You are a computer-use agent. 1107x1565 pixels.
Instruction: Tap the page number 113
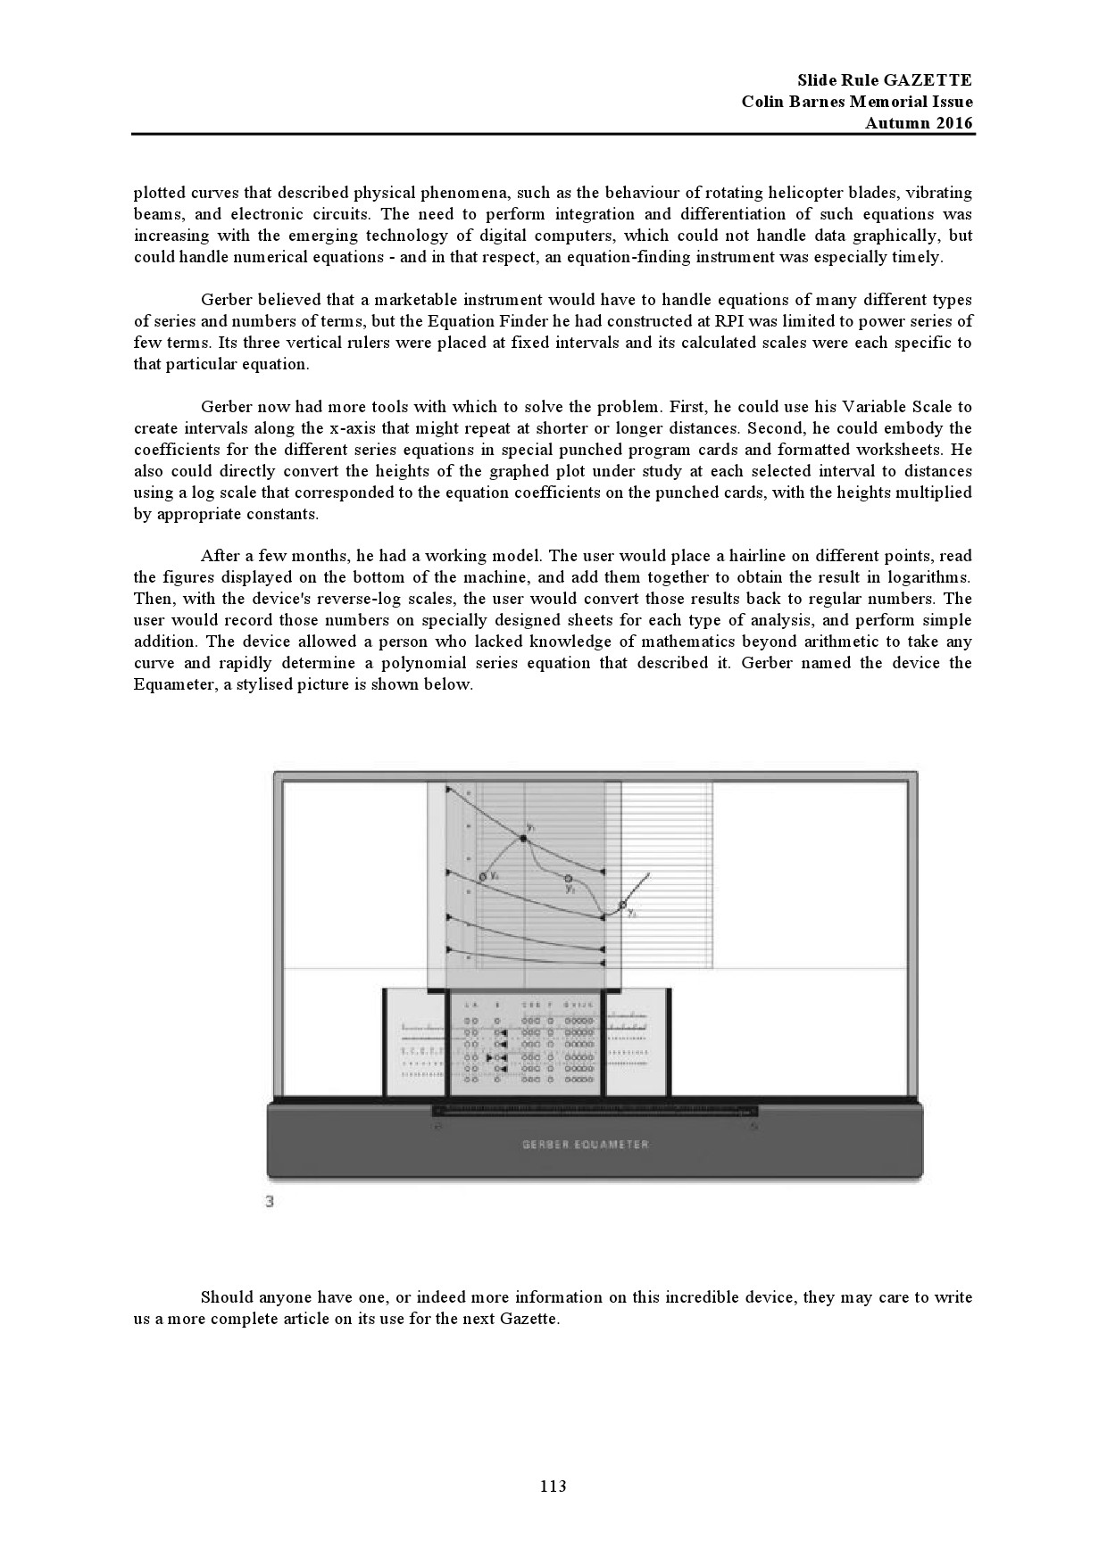[553, 1486]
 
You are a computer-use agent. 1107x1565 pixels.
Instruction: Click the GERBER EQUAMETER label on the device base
[586, 1145]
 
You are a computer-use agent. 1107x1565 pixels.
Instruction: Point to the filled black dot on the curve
[523, 839]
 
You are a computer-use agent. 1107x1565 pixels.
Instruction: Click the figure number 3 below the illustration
[270, 1202]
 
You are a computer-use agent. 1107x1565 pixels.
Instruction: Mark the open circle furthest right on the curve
[623, 905]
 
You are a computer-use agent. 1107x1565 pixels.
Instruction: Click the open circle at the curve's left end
[483, 877]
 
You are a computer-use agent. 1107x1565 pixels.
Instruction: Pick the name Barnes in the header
[811, 102]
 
